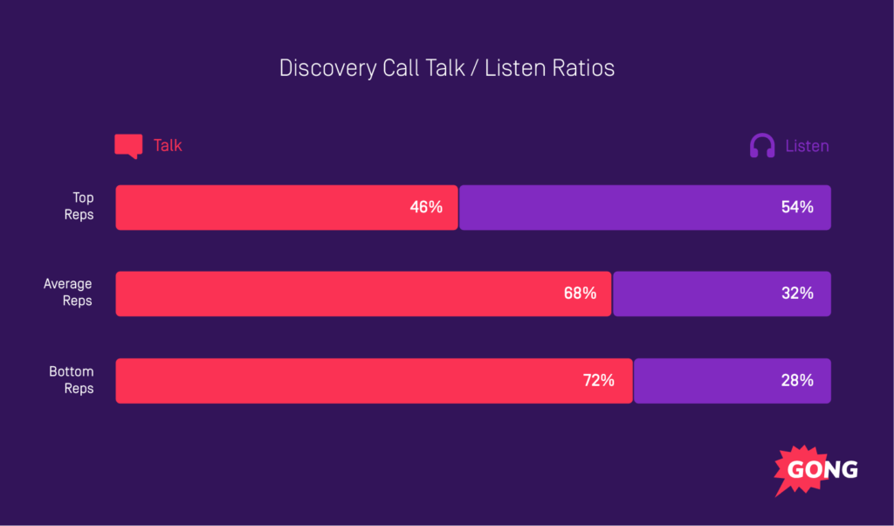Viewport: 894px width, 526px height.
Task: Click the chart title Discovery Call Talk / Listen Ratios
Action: (447, 68)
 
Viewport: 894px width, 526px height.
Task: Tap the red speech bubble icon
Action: (128, 146)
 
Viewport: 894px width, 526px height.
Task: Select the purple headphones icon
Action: (762, 146)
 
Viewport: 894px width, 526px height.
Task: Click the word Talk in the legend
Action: (168, 146)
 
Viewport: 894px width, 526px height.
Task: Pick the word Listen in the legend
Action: (807, 146)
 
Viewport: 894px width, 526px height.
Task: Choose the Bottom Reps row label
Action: (71, 380)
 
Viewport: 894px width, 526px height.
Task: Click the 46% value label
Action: (426, 207)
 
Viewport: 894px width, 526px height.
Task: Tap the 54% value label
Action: (797, 207)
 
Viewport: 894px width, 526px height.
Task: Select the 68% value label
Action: (580, 294)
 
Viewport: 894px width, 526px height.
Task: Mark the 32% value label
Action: (797, 294)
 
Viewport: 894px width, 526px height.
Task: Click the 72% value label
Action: (598, 380)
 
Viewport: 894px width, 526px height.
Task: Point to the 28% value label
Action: (797, 380)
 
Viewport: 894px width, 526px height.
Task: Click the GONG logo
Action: (816, 470)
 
